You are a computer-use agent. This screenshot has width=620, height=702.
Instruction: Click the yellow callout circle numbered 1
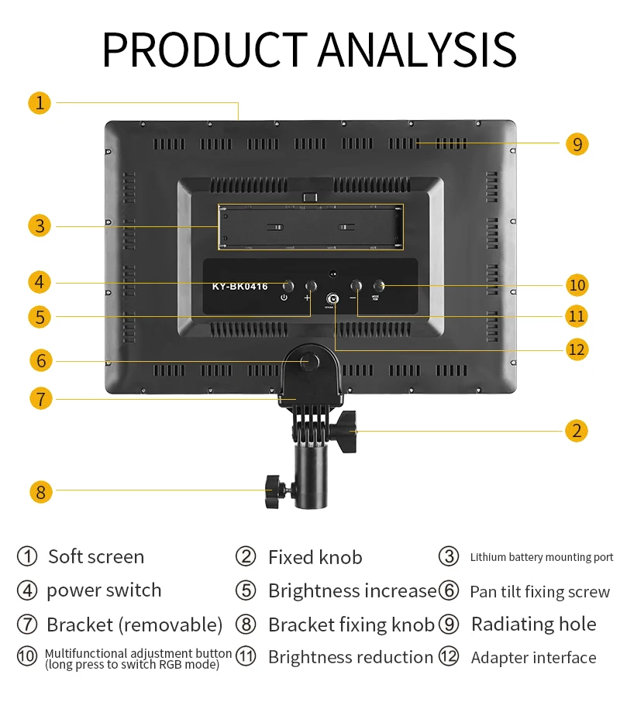[x=40, y=102]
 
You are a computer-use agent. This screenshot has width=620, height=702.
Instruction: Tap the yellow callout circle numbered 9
[x=577, y=144]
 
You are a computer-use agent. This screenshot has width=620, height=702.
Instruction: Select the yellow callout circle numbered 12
[x=577, y=349]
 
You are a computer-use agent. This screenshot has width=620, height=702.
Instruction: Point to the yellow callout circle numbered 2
[x=576, y=431]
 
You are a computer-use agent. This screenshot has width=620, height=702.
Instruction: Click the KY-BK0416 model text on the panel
[x=239, y=287]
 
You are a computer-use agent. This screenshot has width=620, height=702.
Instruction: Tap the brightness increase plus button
[x=311, y=285]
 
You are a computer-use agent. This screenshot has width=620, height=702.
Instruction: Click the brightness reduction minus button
[x=356, y=285]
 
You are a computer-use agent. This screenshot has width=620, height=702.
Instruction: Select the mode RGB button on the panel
[x=381, y=285]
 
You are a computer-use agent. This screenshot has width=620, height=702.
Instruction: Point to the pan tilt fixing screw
[x=308, y=361]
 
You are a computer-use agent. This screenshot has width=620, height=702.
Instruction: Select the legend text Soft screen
[x=96, y=556]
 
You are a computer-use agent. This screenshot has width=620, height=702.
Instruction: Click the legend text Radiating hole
[x=533, y=624]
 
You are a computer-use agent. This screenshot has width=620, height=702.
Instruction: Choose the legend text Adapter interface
[x=533, y=658]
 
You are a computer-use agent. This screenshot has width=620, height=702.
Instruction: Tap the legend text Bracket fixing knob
[x=351, y=625]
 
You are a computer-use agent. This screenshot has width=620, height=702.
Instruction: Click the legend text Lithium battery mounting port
[x=541, y=557]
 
